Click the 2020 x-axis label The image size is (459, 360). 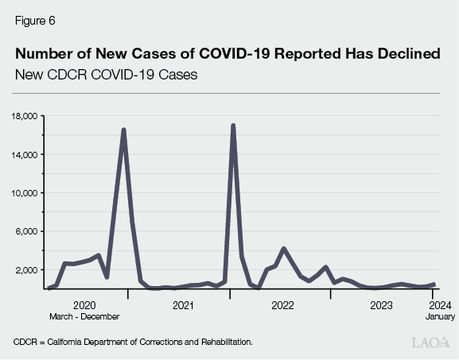84,305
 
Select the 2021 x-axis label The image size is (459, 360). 183,305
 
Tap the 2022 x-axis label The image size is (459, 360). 282,305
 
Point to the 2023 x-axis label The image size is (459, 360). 382,305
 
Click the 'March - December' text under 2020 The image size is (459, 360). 84,316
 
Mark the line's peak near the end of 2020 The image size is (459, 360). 123,130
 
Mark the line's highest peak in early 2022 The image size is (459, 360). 232,126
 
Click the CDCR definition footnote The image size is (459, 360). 133,342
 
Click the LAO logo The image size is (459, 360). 430,343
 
